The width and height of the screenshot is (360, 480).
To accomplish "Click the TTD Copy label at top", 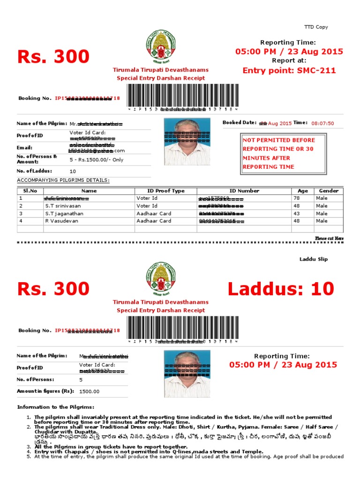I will tap(316, 27).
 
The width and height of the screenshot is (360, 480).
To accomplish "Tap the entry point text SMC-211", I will tap(289, 71).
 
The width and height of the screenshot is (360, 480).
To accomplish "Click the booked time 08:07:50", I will tap(322, 123).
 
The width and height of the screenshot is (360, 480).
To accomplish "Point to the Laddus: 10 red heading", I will tap(281, 289).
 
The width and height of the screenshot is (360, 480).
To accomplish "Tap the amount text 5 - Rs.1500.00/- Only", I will tap(96, 159).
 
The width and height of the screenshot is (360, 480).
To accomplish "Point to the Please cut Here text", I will tap(329, 239).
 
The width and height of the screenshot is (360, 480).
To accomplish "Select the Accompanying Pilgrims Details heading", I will tap(63, 180).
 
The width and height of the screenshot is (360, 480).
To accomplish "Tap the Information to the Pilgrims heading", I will tap(55, 407).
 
